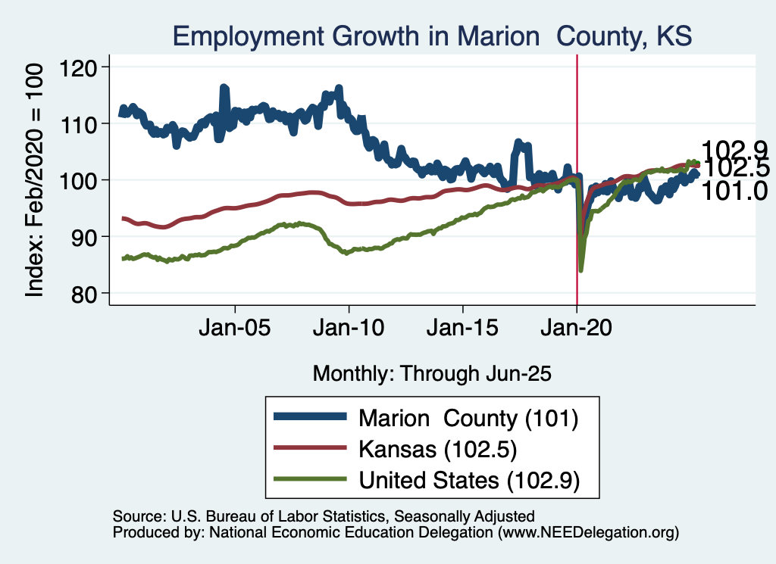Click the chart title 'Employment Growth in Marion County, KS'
[x=432, y=36]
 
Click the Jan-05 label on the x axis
[x=235, y=330]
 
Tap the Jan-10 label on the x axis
[x=349, y=330]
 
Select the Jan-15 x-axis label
[x=463, y=330]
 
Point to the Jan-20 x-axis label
[x=577, y=330]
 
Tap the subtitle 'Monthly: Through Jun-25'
[x=431, y=373]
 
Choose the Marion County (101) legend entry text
[x=468, y=417]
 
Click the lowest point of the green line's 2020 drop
[x=581, y=270]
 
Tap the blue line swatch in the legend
[x=311, y=417]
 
